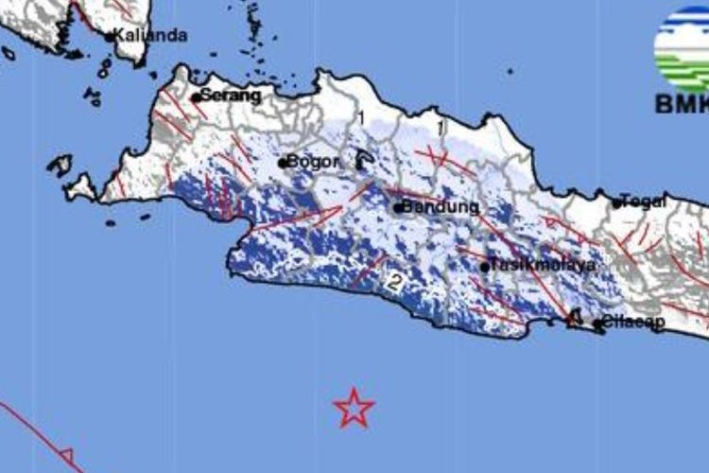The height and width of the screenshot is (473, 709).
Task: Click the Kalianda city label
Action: tap(151, 35)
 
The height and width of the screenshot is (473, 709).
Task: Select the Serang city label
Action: tap(232, 96)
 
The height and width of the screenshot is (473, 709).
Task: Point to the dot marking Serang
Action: tap(196, 96)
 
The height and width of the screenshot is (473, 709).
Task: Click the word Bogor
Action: tap(313, 162)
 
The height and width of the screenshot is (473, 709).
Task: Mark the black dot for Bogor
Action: tap(282, 163)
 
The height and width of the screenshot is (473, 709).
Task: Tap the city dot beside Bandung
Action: tap(398, 207)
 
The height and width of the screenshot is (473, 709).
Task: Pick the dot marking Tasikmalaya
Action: tap(485, 267)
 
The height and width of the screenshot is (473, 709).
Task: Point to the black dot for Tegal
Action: tap(617, 202)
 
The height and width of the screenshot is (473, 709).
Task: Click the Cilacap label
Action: tap(634, 322)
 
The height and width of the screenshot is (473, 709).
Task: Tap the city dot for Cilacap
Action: tap(597, 324)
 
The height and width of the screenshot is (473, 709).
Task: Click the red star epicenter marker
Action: tap(354, 408)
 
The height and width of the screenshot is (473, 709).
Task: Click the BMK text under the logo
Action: tap(682, 103)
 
